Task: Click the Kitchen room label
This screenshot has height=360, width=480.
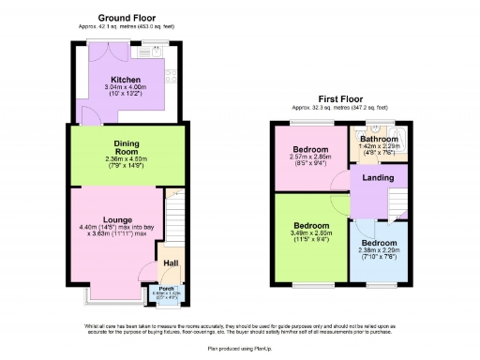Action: tap(126, 80)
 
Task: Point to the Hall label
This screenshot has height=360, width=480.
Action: tap(172, 264)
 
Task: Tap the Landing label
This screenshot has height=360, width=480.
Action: tap(377, 178)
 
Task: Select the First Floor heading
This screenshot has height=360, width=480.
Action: tap(340, 97)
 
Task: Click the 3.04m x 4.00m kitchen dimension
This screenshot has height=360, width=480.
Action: tap(126, 88)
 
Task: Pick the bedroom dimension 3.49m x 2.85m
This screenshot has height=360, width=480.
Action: tap(311, 234)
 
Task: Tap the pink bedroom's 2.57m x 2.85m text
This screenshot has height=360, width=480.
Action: tap(310, 157)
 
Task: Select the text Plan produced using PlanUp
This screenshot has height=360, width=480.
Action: tap(239, 346)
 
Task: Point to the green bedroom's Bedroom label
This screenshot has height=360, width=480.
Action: tap(311, 226)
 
